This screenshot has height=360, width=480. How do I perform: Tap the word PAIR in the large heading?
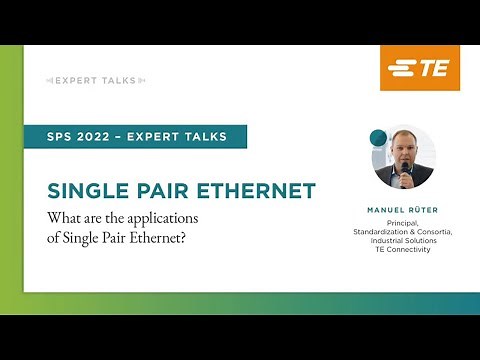click(x=167, y=191)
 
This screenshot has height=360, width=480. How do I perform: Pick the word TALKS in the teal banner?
click(x=204, y=137)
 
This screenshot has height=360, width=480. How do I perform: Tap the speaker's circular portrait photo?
click(x=405, y=157)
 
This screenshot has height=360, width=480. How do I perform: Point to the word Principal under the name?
click(x=404, y=223)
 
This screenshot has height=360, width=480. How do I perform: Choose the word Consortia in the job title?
click(x=434, y=232)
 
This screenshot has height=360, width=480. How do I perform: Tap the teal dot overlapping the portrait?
click(x=378, y=137)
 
